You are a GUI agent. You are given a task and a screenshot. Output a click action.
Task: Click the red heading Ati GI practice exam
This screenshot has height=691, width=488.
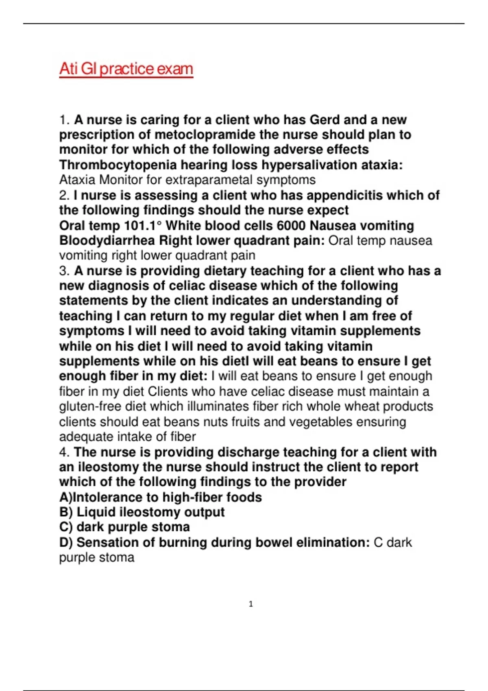(126, 69)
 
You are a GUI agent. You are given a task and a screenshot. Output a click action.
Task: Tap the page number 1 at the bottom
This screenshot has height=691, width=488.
(251, 604)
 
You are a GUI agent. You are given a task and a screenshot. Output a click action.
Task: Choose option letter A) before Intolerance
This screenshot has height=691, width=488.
(65, 497)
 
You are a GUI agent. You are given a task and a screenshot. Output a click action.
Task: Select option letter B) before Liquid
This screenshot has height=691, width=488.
(65, 512)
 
